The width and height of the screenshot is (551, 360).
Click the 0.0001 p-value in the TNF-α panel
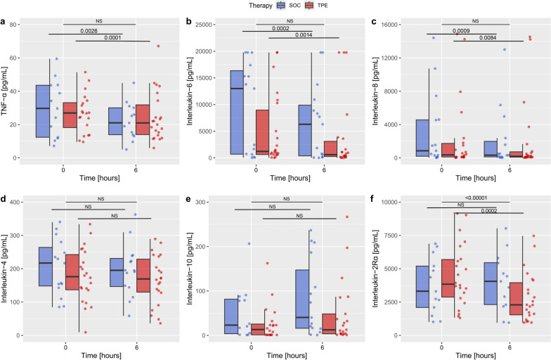click(111, 37)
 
